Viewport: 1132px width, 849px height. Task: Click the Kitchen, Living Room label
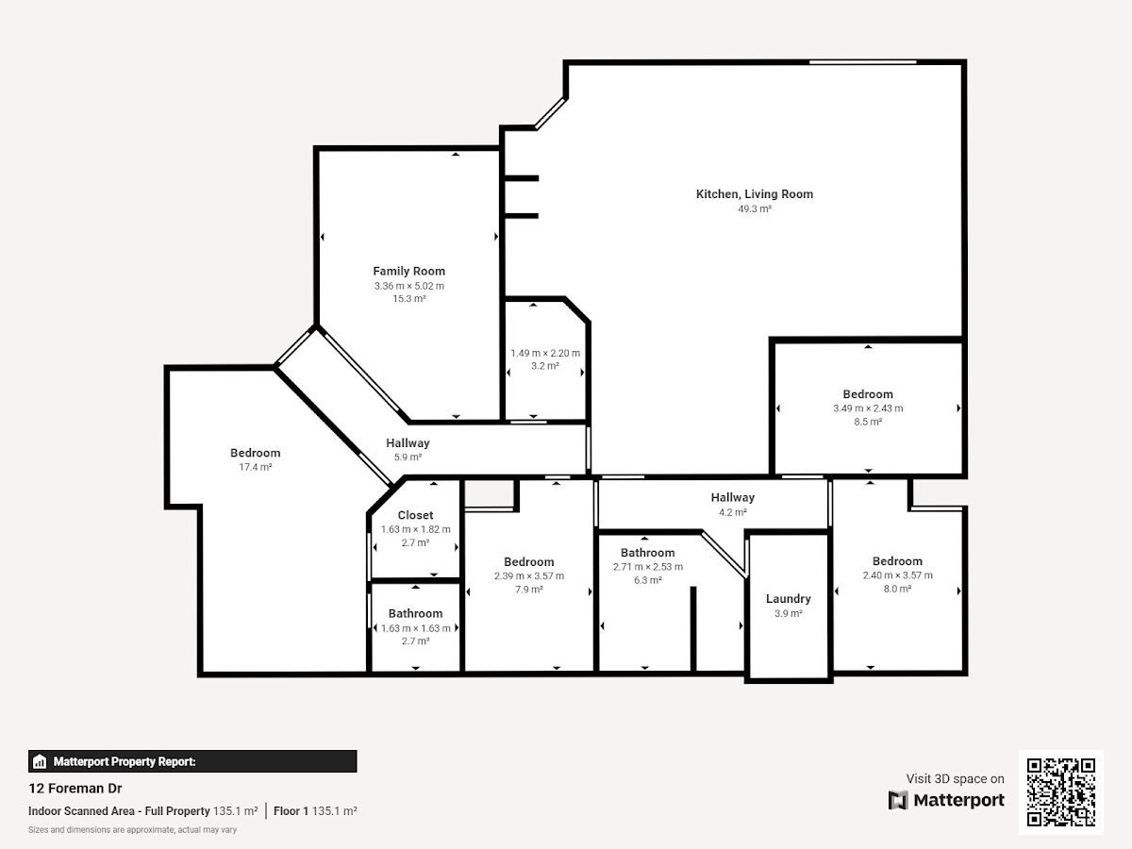click(x=755, y=194)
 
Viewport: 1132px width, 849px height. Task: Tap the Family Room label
click(x=409, y=271)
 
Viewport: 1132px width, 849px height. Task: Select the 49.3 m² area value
click(x=755, y=208)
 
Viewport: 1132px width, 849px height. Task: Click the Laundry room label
click(x=788, y=599)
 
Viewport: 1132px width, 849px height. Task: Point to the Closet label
click(x=415, y=515)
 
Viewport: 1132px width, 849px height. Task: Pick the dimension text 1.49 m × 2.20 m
click(x=545, y=353)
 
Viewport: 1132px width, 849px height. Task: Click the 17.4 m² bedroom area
click(x=256, y=467)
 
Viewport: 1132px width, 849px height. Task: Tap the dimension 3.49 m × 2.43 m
click(x=868, y=408)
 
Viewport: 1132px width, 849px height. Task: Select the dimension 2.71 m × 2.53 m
click(x=648, y=567)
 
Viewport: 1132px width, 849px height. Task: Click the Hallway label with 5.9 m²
click(x=408, y=442)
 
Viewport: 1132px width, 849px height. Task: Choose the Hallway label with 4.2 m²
click(x=732, y=497)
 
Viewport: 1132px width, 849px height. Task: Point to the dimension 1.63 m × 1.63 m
click(x=416, y=628)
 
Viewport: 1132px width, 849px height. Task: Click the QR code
click(x=1061, y=792)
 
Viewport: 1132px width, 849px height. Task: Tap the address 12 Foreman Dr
click(x=75, y=789)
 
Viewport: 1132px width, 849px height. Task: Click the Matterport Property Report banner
click(x=192, y=761)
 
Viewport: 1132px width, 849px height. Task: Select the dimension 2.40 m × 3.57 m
click(x=897, y=575)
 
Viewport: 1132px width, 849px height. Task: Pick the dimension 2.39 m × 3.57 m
click(x=529, y=575)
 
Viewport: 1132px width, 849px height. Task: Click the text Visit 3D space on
click(x=955, y=779)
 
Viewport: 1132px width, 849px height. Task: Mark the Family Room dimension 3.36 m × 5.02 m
click(x=409, y=286)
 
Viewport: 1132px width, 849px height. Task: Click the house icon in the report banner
click(x=40, y=761)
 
